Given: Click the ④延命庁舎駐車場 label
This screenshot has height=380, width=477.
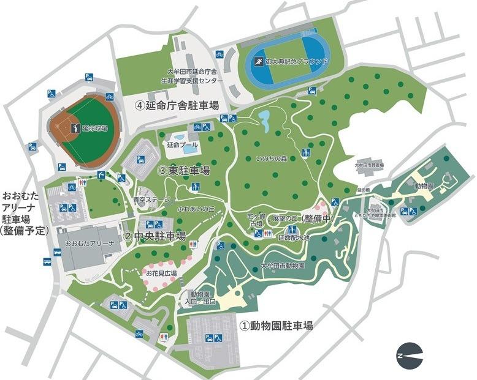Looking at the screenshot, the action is click(x=177, y=105).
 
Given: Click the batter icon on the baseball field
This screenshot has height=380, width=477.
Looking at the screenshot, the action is click(x=75, y=129).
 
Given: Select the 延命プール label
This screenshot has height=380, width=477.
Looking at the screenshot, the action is click(x=182, y=145).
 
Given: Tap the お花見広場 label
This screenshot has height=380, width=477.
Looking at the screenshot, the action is click(x=161, y=274).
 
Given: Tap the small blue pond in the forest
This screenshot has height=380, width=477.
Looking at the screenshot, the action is click(x=266, y=121).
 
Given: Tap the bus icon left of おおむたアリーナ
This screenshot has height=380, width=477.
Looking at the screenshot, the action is click(x=47, y=261).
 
